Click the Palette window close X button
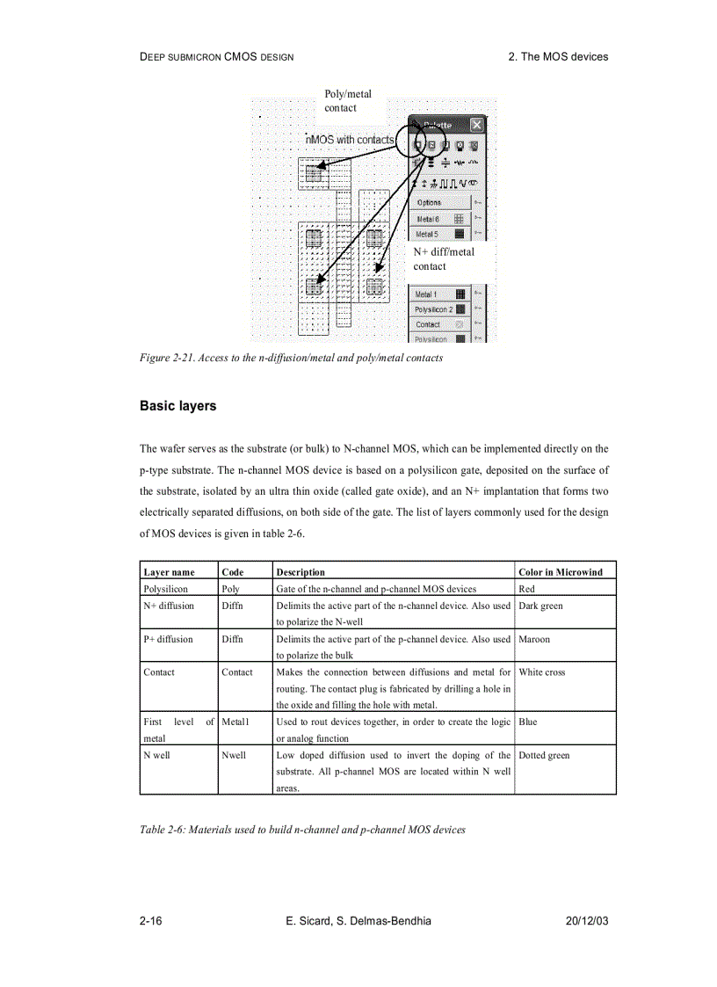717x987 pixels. (x=476, y=126)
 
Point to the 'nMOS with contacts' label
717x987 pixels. (x=349, y=140)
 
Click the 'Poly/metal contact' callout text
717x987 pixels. (x=348, y=101)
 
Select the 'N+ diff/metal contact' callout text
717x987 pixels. (x=444, y=258)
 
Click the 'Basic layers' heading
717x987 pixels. (x=177, y=407)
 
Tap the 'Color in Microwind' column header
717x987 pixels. (x=561, y=572)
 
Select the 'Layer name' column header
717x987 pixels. (x=169, y=572)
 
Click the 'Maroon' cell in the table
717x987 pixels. (x=534, y=640)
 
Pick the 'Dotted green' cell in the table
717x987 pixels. (x=540, y=755)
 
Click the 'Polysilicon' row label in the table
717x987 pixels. (x=165, y=589)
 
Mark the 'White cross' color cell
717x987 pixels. (x=542, y=672)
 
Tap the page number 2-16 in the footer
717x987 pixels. (x=151, y=921)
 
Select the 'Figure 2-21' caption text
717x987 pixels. (x=291, y=358)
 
